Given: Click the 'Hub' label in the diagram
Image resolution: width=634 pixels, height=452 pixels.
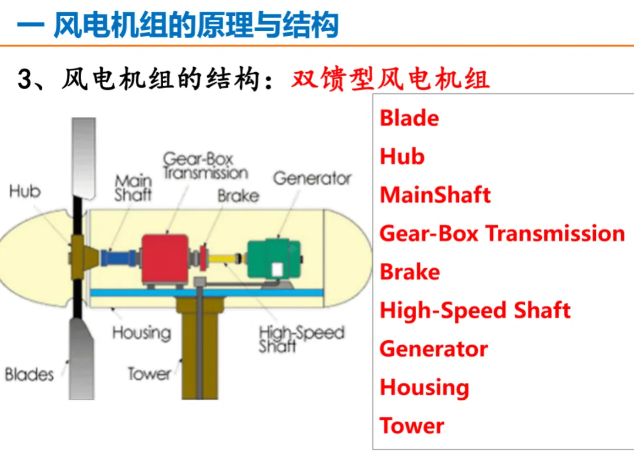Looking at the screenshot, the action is (x=25, y=192).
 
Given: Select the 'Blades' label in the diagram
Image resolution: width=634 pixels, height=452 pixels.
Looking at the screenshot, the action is (x=29, y=374).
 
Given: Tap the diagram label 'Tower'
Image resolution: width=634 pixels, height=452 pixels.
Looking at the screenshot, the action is (x=150, y=373).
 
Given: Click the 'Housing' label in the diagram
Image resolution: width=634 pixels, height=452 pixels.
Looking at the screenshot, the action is (x=141, y=333).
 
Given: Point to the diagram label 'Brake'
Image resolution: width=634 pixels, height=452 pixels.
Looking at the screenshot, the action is (x=238, y=195).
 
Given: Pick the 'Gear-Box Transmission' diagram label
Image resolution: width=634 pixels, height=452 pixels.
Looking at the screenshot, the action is (x=205, y=166).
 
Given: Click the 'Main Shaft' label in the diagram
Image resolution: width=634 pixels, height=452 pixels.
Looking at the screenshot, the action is (x=133, y=188).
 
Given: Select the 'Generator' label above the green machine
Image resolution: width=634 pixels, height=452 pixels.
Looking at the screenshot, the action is (x=312, y=178).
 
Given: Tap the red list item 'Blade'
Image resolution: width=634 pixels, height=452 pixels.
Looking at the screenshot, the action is (x=409, y=118).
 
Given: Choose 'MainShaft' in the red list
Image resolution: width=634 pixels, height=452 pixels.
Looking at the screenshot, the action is (x=435, y=195).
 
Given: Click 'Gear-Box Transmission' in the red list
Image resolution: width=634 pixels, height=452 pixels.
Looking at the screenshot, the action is (x=502, y=234).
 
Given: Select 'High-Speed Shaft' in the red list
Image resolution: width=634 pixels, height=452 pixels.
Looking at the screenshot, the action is (x=475, y=311).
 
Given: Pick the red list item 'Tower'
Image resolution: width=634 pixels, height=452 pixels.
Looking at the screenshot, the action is (x=412, y=426).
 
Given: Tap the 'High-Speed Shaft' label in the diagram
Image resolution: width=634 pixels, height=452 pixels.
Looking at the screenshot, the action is (x=301, y=339).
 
